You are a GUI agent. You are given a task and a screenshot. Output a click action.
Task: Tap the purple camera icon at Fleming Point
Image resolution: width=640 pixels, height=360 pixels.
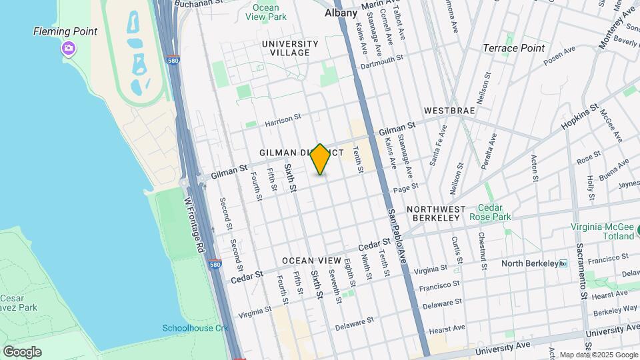(68, 48)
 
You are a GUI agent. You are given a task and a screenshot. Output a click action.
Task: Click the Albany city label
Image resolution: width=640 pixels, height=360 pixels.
(341, 13)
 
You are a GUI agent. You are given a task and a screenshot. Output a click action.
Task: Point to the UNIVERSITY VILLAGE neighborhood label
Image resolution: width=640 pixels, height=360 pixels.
(290, 48)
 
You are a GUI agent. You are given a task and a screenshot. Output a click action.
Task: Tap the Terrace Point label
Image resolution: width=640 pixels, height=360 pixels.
(513, 48)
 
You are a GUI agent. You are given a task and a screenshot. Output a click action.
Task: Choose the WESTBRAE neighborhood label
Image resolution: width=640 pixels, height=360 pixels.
(449, 110)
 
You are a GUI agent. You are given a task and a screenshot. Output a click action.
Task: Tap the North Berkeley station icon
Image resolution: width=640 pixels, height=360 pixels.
(563, 263)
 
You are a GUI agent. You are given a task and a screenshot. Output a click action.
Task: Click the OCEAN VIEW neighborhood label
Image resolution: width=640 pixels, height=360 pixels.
(311, 261)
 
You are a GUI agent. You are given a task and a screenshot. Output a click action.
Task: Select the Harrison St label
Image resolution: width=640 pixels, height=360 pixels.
(283, 121)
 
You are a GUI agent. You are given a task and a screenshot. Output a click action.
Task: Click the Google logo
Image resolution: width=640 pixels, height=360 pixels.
(22, 351)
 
